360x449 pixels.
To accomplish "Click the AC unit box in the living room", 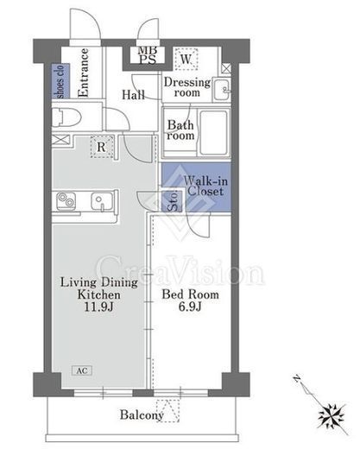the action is pyautogui.click(x=82, y=370).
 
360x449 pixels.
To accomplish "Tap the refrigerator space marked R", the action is pyautogui.click(x=102, y=147).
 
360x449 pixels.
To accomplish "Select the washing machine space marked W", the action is pyautogui.click(x=186, y=59).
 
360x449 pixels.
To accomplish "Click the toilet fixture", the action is pyautogui.click(x=66, y=117).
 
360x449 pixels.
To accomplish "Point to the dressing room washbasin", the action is pyautogui.click(x=222, y=90).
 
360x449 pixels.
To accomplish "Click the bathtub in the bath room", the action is pyautogui.click(x=214, y=132).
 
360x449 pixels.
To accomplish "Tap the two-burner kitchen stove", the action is pyautogui.click(x=66, y=200).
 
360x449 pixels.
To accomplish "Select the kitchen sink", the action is pyautogui.click(x=102, y=201).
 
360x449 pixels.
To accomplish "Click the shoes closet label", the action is pyautogui.click(x=60, y=82).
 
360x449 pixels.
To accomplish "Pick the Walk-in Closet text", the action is pyautogui.click(x=205, y=187).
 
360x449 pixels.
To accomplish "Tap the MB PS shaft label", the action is pyautogui.click(x=148, y=55).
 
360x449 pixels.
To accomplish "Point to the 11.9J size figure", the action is pyautogui.click(x=98, y=307).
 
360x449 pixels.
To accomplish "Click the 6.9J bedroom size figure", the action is pyautogui.click(x=190, y=307).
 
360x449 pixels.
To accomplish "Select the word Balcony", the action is pyautogui.click(x=142, y=415).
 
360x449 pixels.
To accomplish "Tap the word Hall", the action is pyautogui.click(x=133, y=95).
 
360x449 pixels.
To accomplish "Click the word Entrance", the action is pyautogui.click(x=83, y=73).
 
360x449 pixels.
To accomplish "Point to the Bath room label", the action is pyautogui.click(x=180, y=130).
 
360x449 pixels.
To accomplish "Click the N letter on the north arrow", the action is pyautogui.click(x=296, y=378).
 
